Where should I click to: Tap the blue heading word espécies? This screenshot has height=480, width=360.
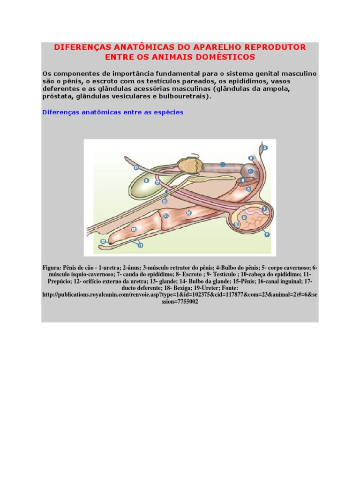[x=168, y=112]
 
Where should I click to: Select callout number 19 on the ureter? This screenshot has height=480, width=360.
[x=136, y=167]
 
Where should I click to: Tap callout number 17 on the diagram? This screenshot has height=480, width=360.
[x=157, y=182]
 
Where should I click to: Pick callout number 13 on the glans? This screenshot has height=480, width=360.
[x=134, y=229]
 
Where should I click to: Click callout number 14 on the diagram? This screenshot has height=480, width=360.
[x=166, y=216]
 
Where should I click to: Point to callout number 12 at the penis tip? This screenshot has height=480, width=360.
[x=103, y=241]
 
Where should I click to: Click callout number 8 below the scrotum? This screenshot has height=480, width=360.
[x=267, y=234]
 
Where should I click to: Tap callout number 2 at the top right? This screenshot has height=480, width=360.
[x=264, y=148]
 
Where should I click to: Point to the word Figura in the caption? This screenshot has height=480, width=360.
[x=52, y=268]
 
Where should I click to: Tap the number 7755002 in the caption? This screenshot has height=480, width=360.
[x=183, y=302]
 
